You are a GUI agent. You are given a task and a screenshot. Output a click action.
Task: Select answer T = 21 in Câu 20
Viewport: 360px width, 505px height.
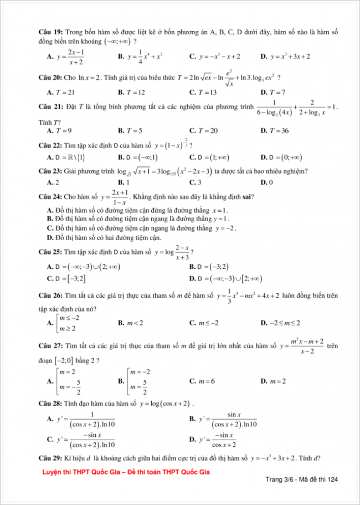point(65,92)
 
